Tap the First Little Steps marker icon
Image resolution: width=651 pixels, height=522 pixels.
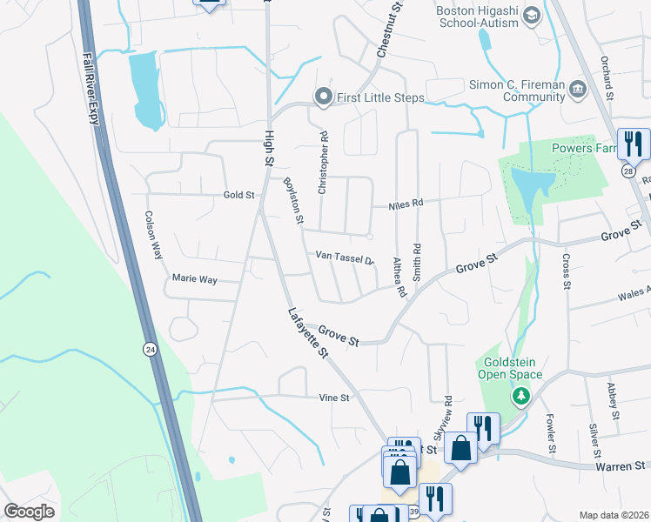pos(324,97)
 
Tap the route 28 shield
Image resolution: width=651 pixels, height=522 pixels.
pos(627,171)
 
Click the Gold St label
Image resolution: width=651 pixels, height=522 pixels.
pos(238,195)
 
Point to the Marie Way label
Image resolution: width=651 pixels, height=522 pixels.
pos(194,280)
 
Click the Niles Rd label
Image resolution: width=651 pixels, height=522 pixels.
pos(406,204)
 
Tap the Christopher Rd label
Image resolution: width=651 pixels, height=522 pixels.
pos(324,162)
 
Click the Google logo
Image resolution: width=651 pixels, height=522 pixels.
pos(30,512)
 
